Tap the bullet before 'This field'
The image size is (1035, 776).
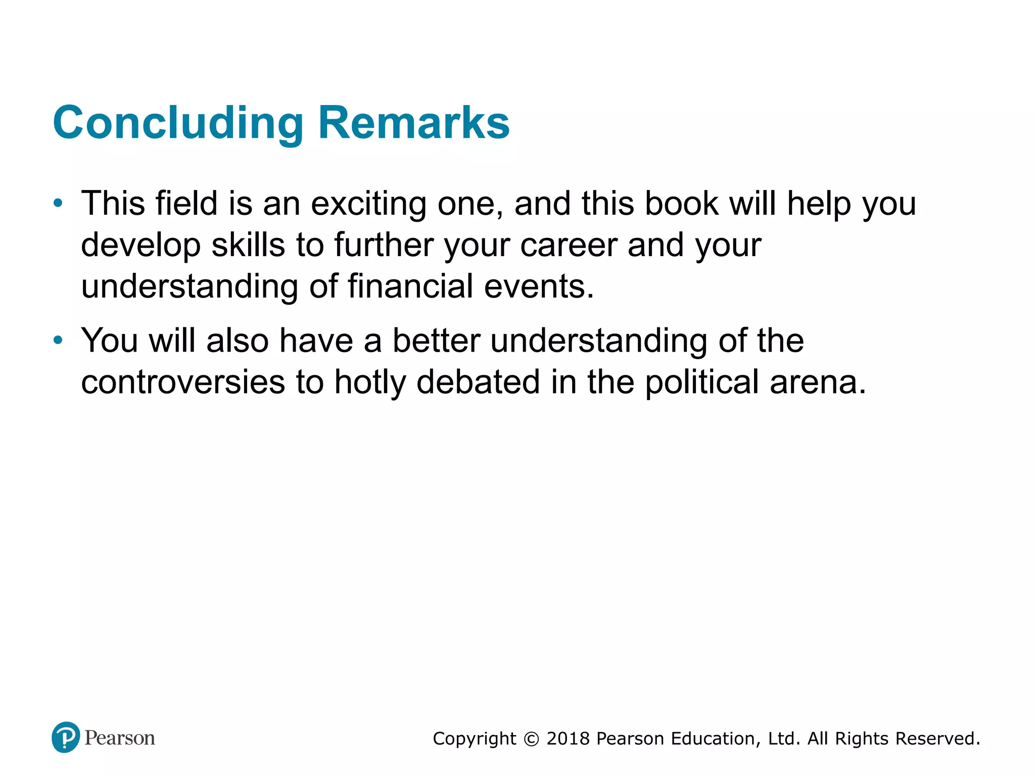click(x=59, y=204)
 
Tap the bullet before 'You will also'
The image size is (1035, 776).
click(x=59, y=340)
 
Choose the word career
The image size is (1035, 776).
click(x=569, y=245)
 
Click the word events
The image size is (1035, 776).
click(x=539, y=286)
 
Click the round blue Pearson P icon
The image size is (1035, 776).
click(x=66, y=738)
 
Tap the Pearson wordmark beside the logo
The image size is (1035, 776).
click(x=120, y=738)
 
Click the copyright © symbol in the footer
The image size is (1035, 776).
click(x=531, y=739)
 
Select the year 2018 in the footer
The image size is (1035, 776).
click(x=568, y=739)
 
